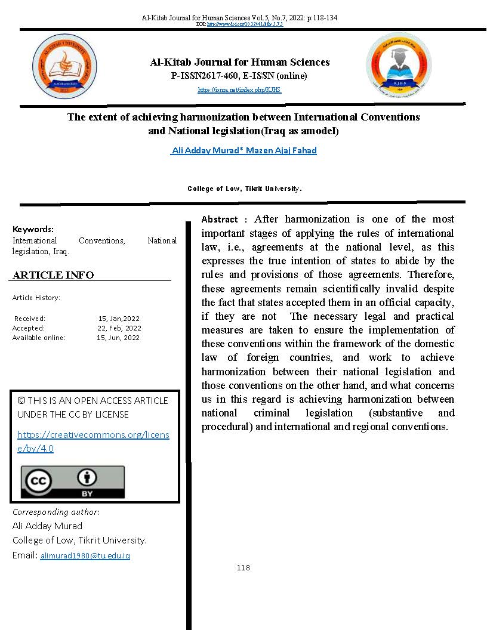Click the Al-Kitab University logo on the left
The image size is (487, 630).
pyautogui.click(x=64, y=66)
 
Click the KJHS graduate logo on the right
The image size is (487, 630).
pyautogui.click(x=398, y=66)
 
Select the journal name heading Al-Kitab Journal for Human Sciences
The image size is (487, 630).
pyautogui.click(x=239, y=62)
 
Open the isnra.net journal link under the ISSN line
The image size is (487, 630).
pyautogui.click(x=239, y=90)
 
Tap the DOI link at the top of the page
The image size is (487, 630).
pyautogui.click(x=244, y=24)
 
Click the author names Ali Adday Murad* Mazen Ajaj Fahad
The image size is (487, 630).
pyautogui.click(x=243, y=150)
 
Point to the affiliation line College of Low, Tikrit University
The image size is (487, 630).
pyautogui.click(x=245, y=189)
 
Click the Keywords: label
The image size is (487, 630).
pyautogui.click(x=33, y=229)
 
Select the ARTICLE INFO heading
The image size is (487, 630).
pyautogui.click(x=53, y=275)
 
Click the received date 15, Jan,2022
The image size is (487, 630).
pyautogui.click(x=119, y=319)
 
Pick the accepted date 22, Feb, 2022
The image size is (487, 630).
pyautogui.click(x=119, y=328)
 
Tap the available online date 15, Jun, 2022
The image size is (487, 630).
pyautogui.click(x=118, y=338)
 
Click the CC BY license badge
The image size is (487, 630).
pyautogui.click(x=73, y=482)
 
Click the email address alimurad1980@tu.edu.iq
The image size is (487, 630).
pyautogui.click(x=85, y=555)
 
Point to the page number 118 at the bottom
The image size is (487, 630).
pyautogui.click(x=243, y=567)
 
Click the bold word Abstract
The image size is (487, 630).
pyautogui.click(x=220, y=220)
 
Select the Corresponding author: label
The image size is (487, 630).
pyautogui.click(x=56, y=512)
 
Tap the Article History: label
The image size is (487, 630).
pyautogui.click(x=36, y=297)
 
